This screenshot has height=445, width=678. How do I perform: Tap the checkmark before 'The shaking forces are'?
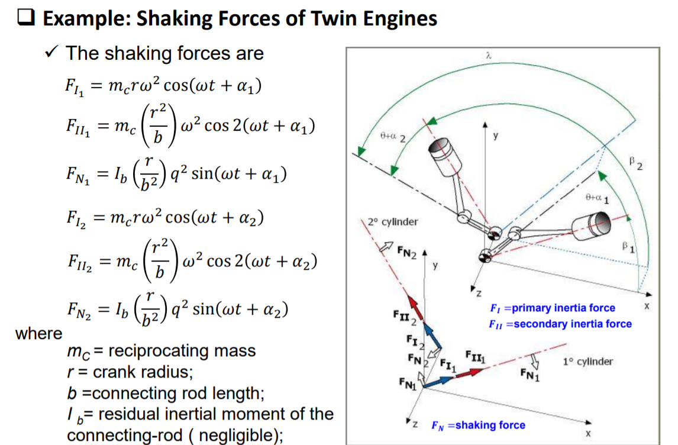pyautogui.click(x=52, y=53)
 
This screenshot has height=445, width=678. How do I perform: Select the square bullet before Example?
pyautogui.click(x=26, y=19)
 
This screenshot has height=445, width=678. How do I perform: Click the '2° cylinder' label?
pyautogui.click(x=392, y=222)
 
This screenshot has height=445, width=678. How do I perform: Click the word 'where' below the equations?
pyautogui.click(x=38, y=334)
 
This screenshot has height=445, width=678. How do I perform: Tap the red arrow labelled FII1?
pyautogui.click(x=467, y=373)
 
